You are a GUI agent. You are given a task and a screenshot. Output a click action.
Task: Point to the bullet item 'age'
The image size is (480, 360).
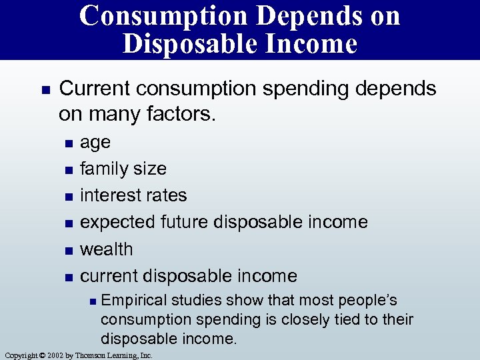pyautogui.click(x=95, y=142)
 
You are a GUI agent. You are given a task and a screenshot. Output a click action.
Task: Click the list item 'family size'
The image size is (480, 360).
pyautogui.click(x=123, y=169)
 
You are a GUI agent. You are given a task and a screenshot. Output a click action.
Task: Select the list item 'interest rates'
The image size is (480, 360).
pyautogui.click(x=133, y=195)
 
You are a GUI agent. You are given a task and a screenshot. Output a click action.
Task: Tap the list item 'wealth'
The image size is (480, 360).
pyautogui.click(x=107, y=249)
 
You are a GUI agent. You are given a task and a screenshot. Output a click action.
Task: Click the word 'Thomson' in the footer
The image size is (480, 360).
pyautogui.click(x=89, y=355)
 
